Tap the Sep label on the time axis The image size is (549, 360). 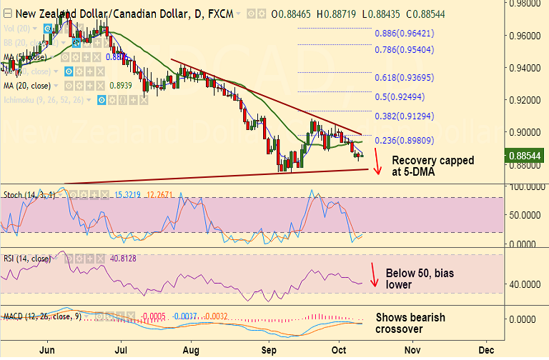[x=269, y=351]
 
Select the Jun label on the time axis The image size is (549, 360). [x=49, y=351]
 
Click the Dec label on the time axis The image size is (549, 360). [x=486, y=351]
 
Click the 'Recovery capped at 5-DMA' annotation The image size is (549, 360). [x=432, y=166]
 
